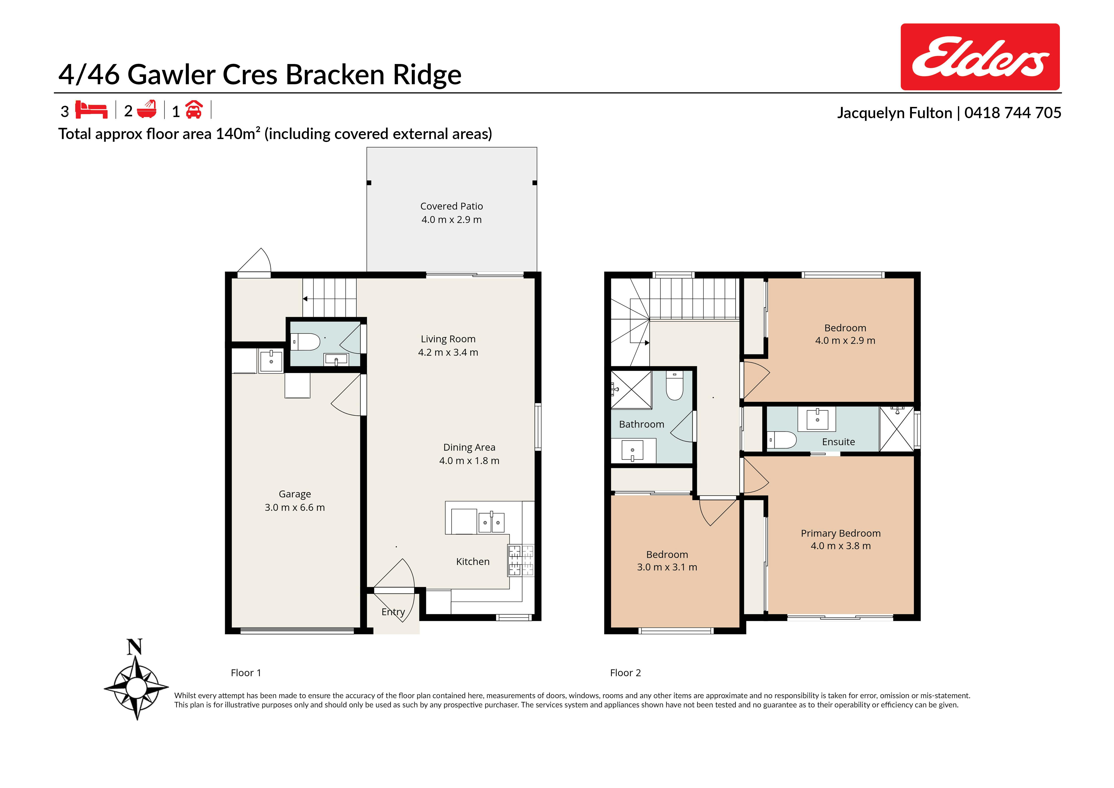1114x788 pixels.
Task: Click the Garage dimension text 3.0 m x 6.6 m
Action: (295, 507)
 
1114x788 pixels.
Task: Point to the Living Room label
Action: (448, 339)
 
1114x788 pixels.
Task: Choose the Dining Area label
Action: (469, 447)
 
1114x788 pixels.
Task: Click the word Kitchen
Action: (473, 561)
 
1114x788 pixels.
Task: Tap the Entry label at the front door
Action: (393, 612)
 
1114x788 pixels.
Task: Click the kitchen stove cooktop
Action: (521, 560)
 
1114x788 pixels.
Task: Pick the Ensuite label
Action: (838, 442)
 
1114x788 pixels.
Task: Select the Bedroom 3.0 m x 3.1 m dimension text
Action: (667, 567)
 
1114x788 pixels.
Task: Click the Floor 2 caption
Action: (625, 673)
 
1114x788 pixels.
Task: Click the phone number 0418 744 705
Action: (1013, 113)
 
